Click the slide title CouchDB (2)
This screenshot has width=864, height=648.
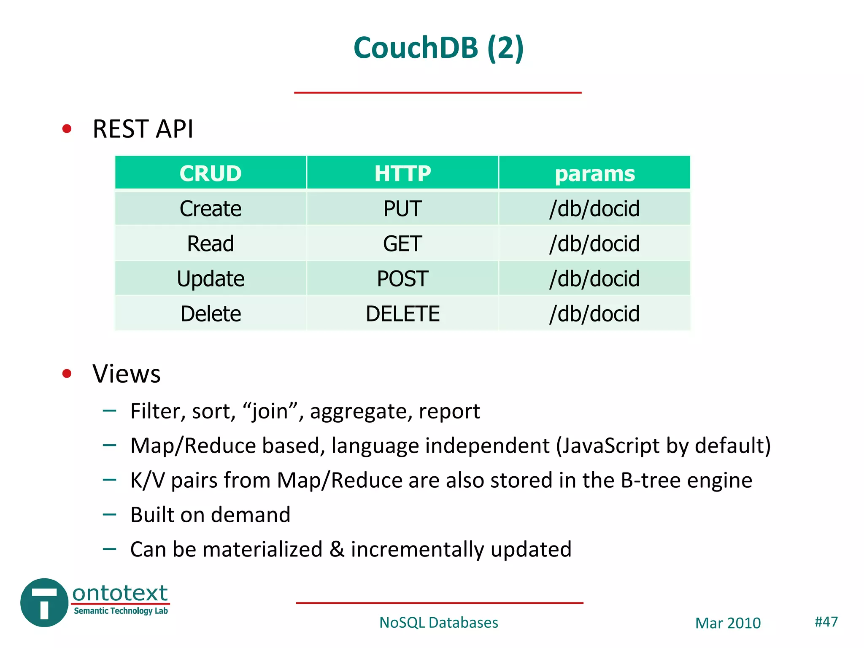pyautogui.click(x=438, y=48)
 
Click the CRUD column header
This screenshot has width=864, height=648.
pyautogui.click(x=211, y=173)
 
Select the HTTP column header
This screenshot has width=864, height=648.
pyautogui.click(x=402, y=173)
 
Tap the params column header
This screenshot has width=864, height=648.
pyautogui.click(x=594, y=173)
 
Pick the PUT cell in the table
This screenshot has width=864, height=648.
pyautogui.click(x=402, y=209)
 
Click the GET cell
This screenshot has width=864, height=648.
pyautogui.click(x=402, y=244)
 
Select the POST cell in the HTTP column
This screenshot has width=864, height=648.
pyautogui.click(x=402, y=279)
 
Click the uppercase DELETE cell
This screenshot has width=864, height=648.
pyautogui.click(x=402, y=314)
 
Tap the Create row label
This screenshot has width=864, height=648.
pyautogui.click(x=211, y=209)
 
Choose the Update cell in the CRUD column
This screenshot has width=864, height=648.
pyautogui.click(x=211, y=279)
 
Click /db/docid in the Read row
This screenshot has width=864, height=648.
pyautogui.click(x=594, y=244)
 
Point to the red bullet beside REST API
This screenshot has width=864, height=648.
pyautogui.click(x=67, y=129)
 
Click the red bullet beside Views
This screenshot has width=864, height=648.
pyautogui.click(x=67, y=373)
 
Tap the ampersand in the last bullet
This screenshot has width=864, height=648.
pyautogui.click(x=337, y=549)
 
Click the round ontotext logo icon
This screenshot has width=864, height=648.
pyautogui.click(x=44, y=602)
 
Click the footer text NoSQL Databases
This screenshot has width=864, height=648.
pyautogui.click(x=438, y=623)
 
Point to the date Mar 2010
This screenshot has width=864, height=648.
pyautogui.click(x=728, y=623)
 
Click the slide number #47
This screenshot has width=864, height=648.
pyautogui.click(x=826, y=621)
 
